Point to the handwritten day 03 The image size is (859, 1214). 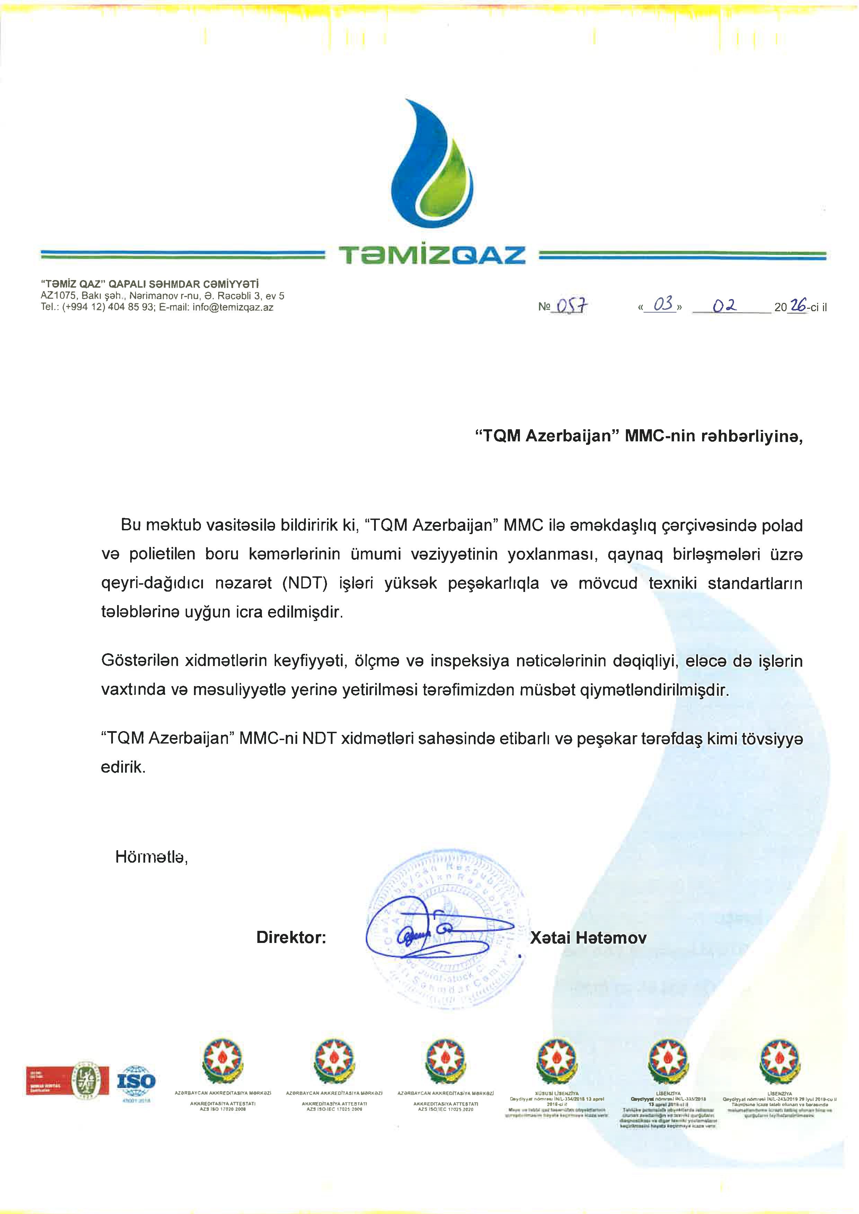click(x=663, y=304)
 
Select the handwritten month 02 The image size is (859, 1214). click(x=725, y=306)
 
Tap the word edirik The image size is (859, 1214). click(x=123, y=767)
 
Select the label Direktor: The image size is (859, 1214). click(x=291, y=937)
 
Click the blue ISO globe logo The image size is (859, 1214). click(x=136, y=1081)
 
